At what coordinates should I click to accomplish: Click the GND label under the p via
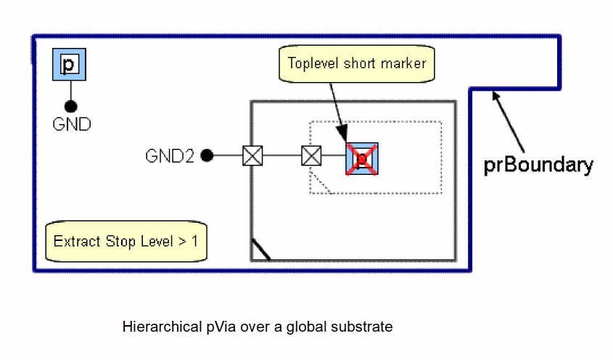(72, 124)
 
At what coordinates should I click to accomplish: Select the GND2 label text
(170, 155)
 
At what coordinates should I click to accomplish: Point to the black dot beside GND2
(207, 155)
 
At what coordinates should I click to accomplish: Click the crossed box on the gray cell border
(252, 155)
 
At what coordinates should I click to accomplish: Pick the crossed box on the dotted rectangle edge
(311, 155)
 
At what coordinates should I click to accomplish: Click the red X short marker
(362, 159)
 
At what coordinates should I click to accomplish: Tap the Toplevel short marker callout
(356, 63)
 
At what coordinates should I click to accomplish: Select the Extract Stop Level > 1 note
(126, 241)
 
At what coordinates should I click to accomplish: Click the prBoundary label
(538, 165)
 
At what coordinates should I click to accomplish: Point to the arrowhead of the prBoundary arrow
(494, 94)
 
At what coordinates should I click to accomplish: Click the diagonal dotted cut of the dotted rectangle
(321, 182)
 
